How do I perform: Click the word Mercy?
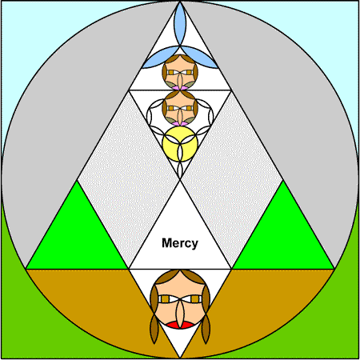coord(180,243)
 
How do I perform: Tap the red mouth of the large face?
coord(180,326)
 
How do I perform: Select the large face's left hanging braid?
coord(154,328)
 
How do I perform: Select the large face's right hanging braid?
coord(206,328)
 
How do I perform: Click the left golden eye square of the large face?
coord(166,299)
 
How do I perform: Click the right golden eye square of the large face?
coord(195,299)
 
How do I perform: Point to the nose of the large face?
coord(180,314)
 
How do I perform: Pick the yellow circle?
coord(180,144)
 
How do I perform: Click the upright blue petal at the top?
coord(180,24)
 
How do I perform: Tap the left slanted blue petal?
coord(160,58)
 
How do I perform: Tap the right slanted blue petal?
coord(200,58)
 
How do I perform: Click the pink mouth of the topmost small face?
coord(180,88)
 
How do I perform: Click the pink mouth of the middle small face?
coord(180,123)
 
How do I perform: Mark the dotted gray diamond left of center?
coord(129,180)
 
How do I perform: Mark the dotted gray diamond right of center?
coord(231,180)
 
